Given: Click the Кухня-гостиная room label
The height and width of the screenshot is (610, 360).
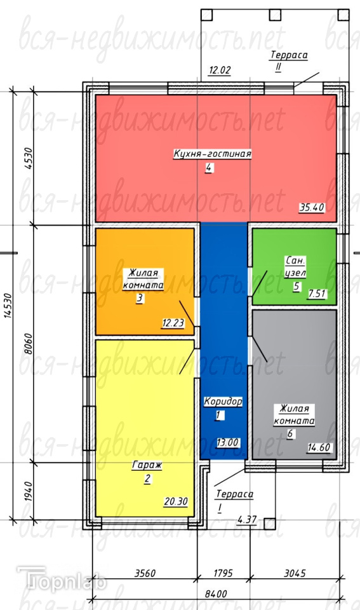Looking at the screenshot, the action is point(212,154).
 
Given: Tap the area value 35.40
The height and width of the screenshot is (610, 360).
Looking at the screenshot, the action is point(312,208).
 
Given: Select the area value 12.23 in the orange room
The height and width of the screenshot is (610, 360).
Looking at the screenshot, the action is point(173,323).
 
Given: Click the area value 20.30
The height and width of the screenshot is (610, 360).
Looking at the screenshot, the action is point(176,502).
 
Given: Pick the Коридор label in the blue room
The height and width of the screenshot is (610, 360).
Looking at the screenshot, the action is point(223,402).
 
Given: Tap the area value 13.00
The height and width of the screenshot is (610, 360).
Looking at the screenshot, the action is point(228,443).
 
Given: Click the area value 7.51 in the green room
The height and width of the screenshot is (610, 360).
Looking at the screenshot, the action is point(316,294).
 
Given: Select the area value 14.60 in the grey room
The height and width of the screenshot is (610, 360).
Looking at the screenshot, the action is point(319,448).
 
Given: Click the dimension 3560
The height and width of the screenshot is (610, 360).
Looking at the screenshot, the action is point(145,573).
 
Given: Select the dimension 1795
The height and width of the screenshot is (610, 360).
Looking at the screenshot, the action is point(223,573).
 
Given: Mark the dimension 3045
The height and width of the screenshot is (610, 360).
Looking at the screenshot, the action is point(295,573).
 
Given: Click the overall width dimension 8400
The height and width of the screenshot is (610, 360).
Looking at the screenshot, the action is point(216,594).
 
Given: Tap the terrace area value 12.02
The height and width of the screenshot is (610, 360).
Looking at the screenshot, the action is point(220,71).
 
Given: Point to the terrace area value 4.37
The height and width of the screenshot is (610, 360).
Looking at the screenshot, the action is point(247,520).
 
